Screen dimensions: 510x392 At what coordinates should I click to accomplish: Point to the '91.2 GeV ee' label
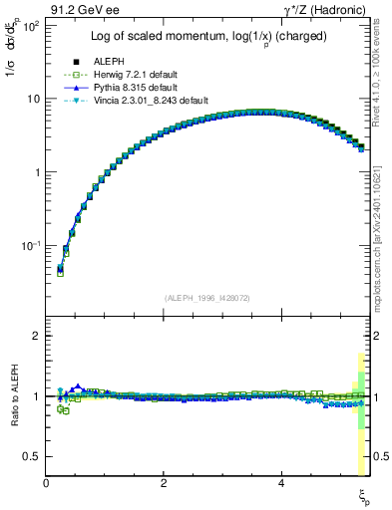pos(79,9)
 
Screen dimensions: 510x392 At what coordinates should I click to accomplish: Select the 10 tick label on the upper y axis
pos(34,99)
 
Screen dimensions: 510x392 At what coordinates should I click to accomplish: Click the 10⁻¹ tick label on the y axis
pos(31,245)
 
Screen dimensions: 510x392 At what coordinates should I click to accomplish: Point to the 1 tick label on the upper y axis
pos(38,172)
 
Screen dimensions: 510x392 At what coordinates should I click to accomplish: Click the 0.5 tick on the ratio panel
pos(33,456)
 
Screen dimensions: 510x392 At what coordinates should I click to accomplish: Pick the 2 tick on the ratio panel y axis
pos(38,336)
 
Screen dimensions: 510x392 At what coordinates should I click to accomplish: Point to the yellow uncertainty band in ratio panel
pos(360,418)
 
